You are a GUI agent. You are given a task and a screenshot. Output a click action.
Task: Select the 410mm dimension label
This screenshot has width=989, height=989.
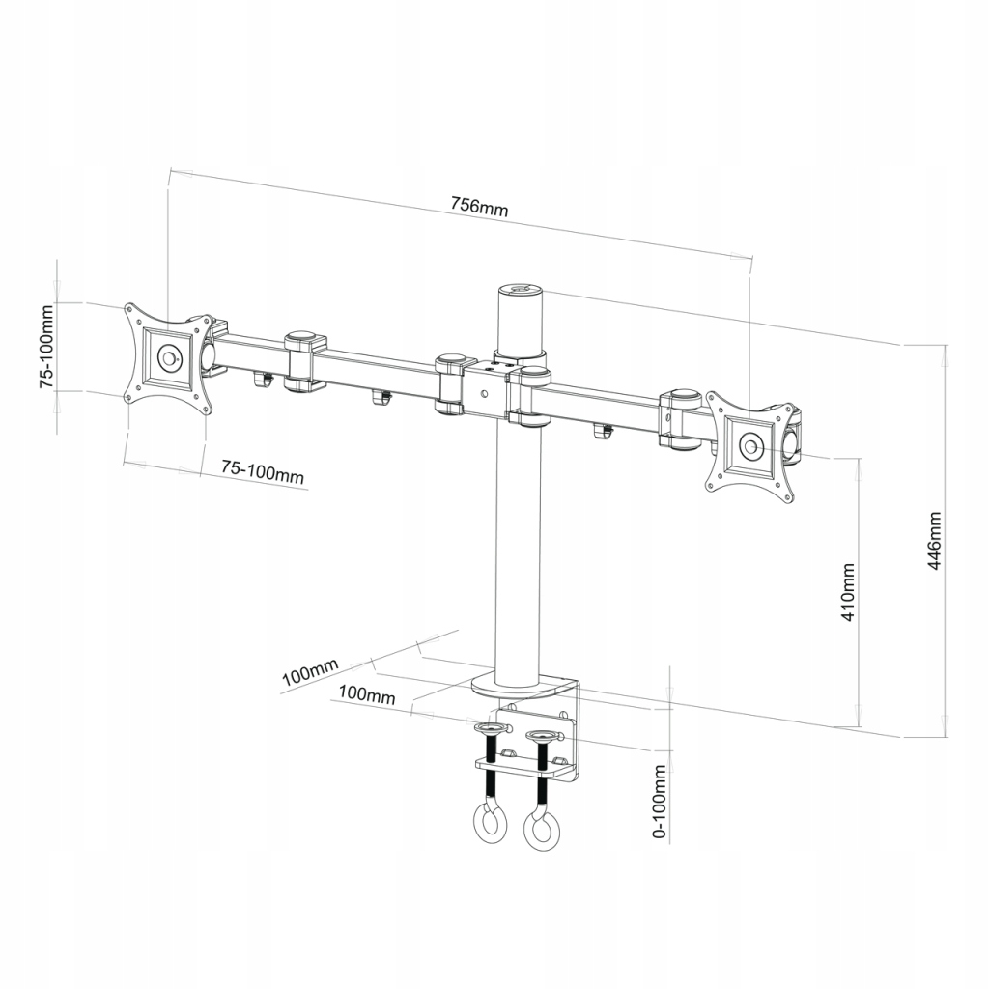point(848,592)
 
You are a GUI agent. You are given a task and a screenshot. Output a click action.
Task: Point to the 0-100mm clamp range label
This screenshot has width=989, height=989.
point(661,801)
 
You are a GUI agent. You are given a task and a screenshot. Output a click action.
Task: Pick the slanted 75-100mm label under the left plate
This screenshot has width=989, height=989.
point(262,471)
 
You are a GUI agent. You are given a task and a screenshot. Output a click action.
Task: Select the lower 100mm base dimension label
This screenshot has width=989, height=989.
point(367,693)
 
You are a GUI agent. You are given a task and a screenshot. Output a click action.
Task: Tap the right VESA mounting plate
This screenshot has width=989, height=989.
point(750,446)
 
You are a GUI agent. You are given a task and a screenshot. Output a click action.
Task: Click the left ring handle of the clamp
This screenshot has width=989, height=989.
point(490,823)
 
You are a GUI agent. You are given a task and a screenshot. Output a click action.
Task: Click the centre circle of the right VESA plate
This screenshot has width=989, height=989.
point(750,446)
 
